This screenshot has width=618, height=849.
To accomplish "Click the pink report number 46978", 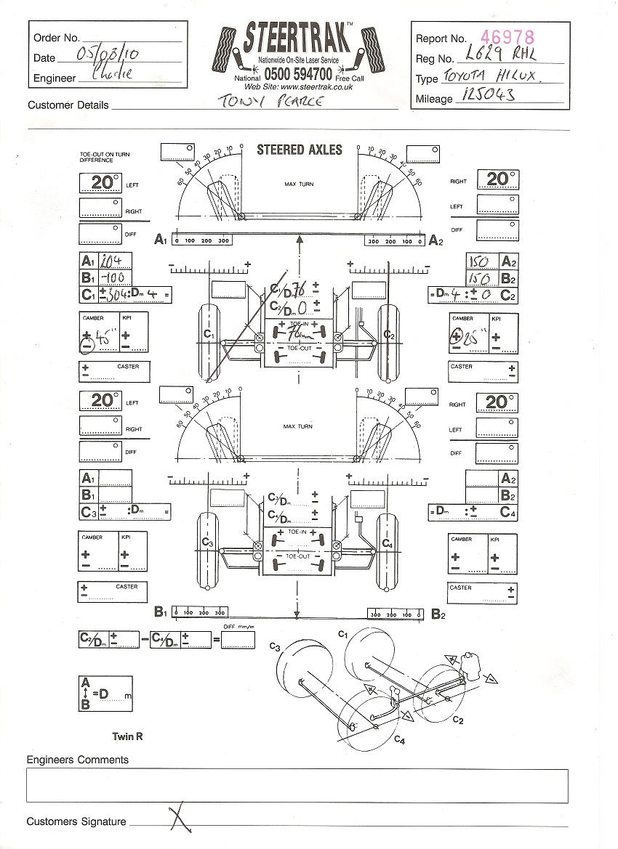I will [x=508, y=37].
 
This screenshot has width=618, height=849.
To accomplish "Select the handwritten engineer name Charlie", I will [x=113, y=75].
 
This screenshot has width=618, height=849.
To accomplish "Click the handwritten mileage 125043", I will [x=486, y=97].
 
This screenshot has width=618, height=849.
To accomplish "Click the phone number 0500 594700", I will [x=298, y=74].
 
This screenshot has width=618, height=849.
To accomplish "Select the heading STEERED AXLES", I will [x=299, y=150].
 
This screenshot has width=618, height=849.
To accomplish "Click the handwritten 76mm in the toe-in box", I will [x=298, y=334].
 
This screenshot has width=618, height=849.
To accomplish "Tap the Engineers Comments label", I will [x=77, y=760].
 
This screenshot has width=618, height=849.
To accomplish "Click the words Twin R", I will [x=127, y=736].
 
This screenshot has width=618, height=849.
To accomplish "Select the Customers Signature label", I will [x=76, y=821].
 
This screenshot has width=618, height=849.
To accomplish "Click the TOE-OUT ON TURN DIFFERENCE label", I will [x=101, y=157].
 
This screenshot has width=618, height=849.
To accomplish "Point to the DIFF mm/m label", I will [x=238, y=626].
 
